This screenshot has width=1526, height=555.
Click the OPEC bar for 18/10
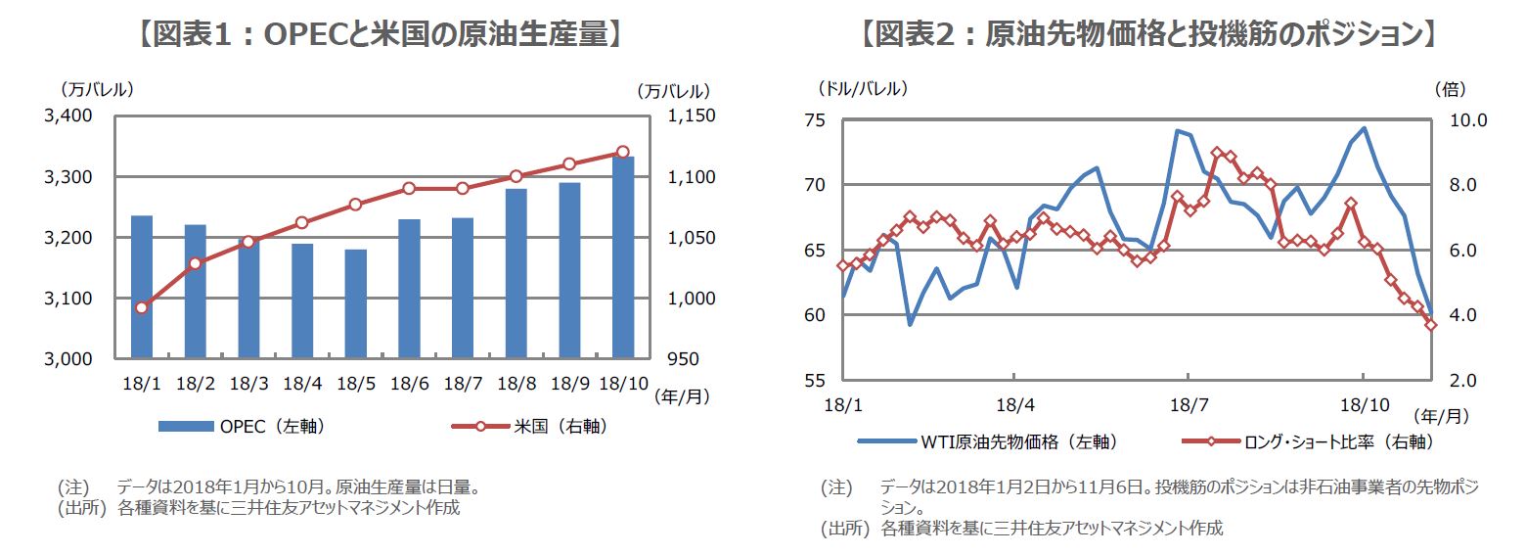tap(623, 257)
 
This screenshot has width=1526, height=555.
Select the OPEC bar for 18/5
tap(356, 304)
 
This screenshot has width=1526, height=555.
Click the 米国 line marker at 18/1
tap(142, 307)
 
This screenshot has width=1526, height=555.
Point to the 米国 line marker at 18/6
tap(409, 188)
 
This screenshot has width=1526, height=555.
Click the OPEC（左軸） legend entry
tap(241, 426)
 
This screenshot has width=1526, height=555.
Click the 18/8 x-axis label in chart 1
tap(516, 384)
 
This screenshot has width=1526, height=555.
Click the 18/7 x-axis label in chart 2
tap(1187, 403)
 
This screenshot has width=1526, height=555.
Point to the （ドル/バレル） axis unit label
tap(862, 88)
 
